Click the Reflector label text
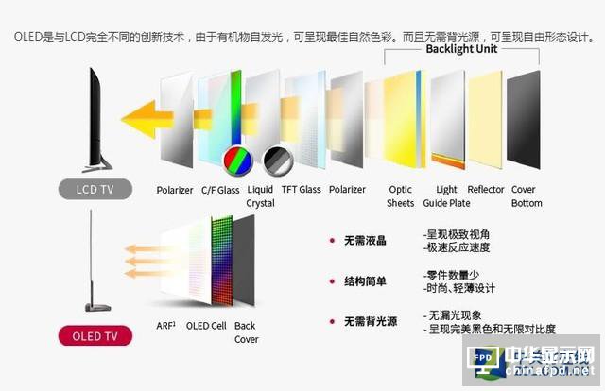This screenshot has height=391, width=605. pyautogui.click(x=486, y=190)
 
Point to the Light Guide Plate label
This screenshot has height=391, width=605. pyautogui.click(x=447, y=196)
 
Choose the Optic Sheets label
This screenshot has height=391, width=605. pyautogui.click(x=401, y=196)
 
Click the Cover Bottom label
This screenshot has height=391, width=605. pyautogui.click(x=527, y=196)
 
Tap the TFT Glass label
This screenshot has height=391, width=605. pyautogui.click(x=301, y=190)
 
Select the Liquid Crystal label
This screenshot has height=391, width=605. pyautogui.click(x=260, y=196)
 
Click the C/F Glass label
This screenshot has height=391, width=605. pyautogui.click(x=220, y=190)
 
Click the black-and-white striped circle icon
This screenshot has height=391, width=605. pyautogui.click(x=277, y=160)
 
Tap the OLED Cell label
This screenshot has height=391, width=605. pyautogui.click(x=207, y=327)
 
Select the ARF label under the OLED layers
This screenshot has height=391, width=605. pyautogui.click(x=165, y=327)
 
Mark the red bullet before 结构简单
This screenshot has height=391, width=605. pyautogui.click(x=332, y=281)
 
